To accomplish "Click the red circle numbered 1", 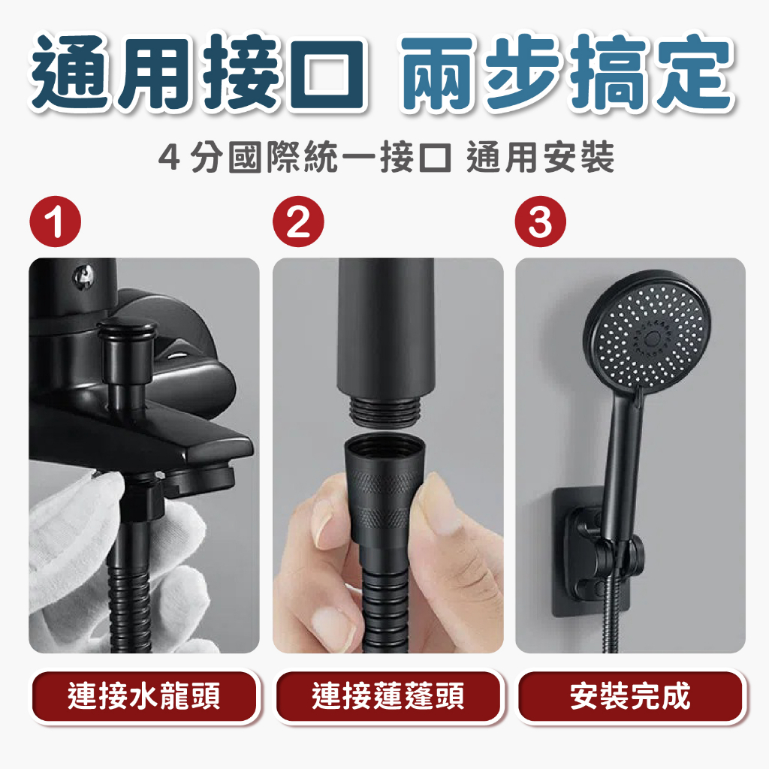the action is pyautogui.click(x=56, y=222).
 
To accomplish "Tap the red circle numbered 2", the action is pyautogui.click(x=298, y=222).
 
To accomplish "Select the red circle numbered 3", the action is pyautogui.click(x=541, y=222).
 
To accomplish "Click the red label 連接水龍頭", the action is pyautogui.click(x=143, y=696).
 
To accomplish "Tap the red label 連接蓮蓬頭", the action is pyautogui.click(x=388, y=696).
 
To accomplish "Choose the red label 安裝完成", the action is pyautogui.click(x=631, y=696).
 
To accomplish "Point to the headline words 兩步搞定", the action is pyautogui.click(x=566, y=73).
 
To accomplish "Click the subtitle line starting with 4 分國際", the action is pyautogui.click(x=386, y=157).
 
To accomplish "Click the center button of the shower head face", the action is pyautogui.click(x=653, y=338).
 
